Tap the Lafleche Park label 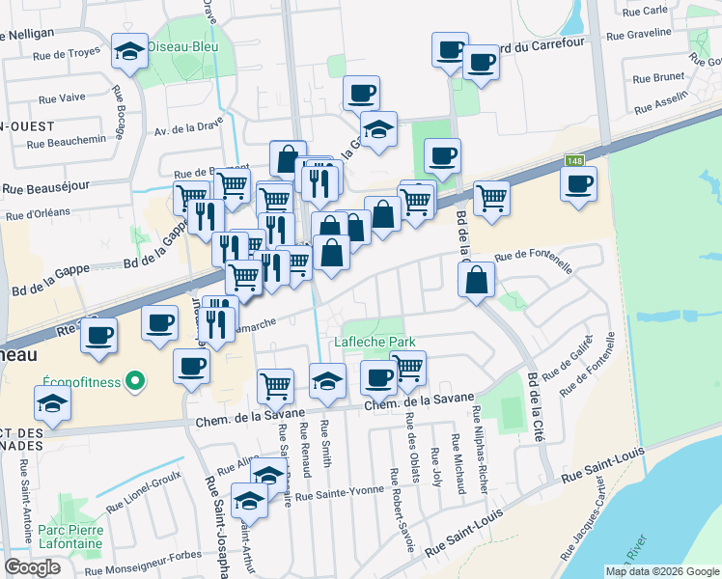pyautogui.click(x=375, y=342)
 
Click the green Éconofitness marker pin pyautogui.click(x=135, y=381)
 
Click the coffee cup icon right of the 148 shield pyautogui.click(x=579, y=183)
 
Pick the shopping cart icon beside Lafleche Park pyautogui.click(x=408, y=367)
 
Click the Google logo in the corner pyautogui.click(x=32, y=567)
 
